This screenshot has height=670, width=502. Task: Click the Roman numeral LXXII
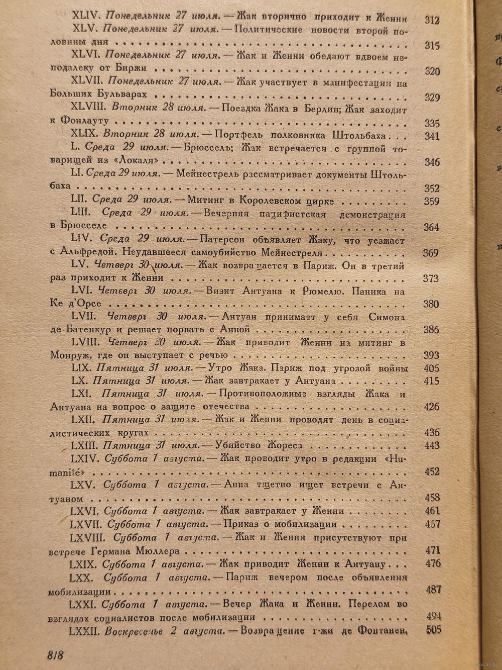[86, 630]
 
